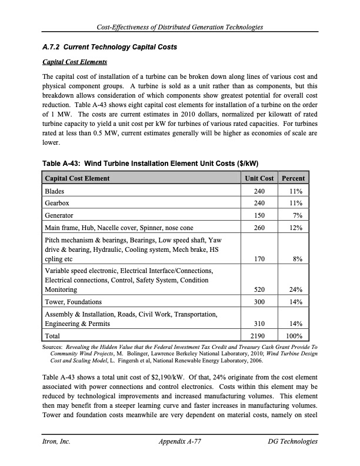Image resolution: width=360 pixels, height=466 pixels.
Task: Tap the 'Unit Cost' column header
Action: click(259, 178)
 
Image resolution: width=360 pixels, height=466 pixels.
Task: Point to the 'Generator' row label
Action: click(60, 215)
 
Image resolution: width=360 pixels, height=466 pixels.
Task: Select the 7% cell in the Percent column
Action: click(298, 215)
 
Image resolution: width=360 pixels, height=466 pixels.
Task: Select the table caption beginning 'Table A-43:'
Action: click(151, 163)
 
